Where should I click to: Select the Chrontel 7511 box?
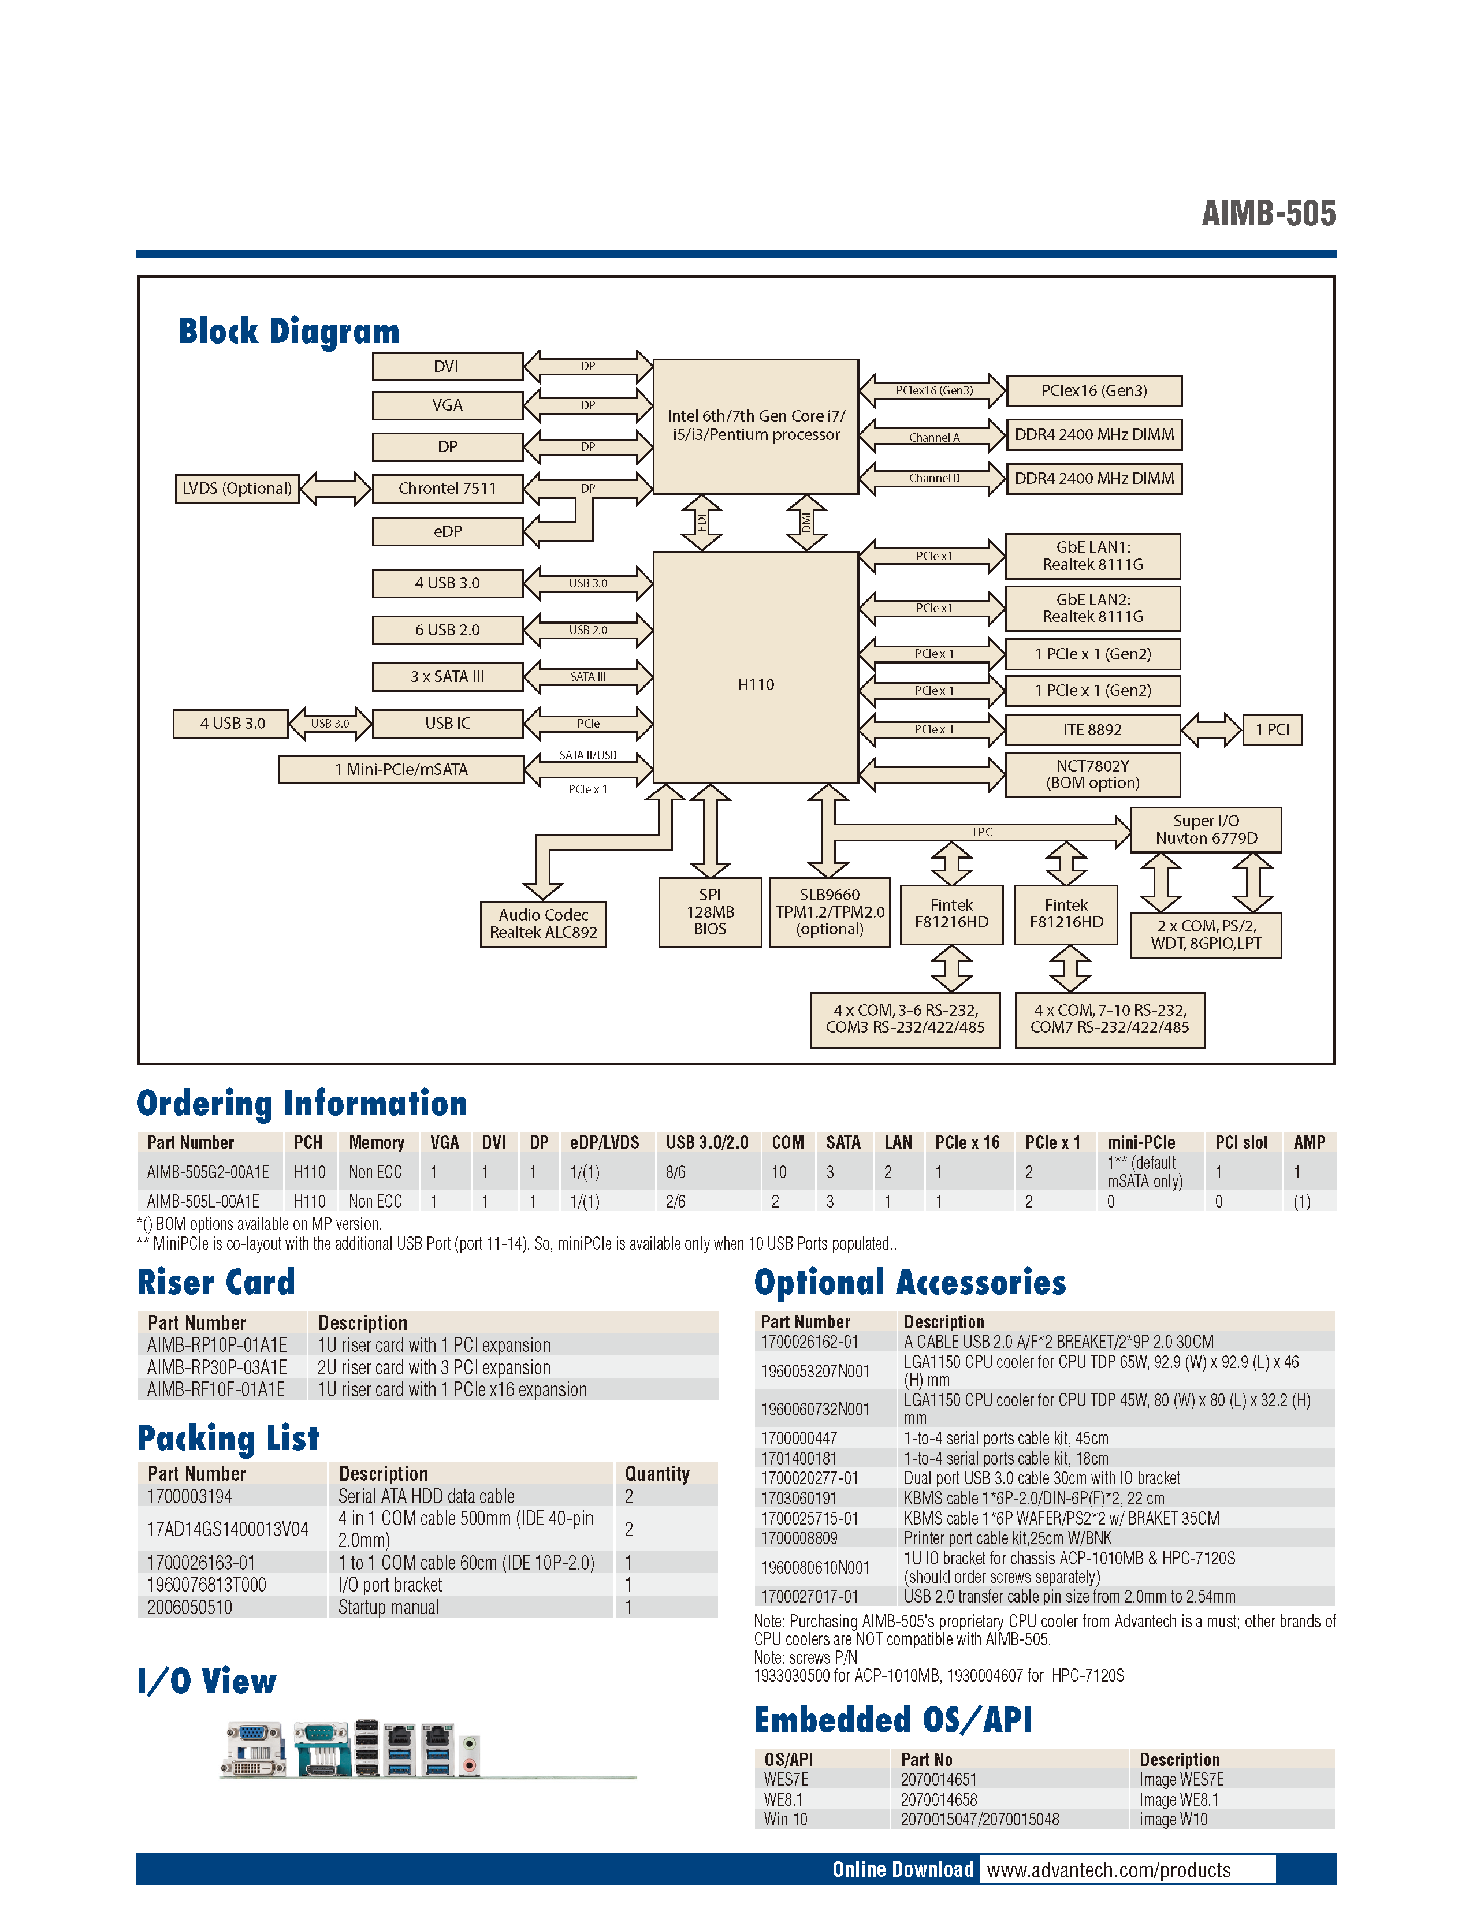coord(447,489)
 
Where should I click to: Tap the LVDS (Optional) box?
coord(237,489)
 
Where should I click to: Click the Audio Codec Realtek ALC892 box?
coord(543,924)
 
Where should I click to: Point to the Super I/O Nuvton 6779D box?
coord(1206,829)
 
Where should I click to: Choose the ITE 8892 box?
coord(1092,729)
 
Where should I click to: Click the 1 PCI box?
coord(1271,729)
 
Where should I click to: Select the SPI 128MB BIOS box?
coord(709,912)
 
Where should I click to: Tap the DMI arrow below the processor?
coord(806,523)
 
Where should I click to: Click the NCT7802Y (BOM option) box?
coord(1092,774)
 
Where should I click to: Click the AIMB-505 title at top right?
coord(1268,213)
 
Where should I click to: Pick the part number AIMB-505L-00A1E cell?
coord(203,1201)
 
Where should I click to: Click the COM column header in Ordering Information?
coord(787,1142)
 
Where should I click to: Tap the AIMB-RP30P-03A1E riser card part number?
coord(217,1367)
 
